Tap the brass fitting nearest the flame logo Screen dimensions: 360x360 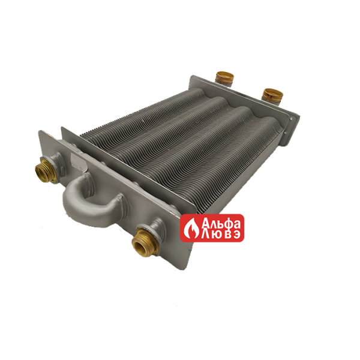145,241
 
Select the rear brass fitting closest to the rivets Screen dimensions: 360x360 273,95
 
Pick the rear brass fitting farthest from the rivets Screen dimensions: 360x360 224,77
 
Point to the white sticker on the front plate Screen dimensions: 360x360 77,162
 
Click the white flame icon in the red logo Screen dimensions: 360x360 193,228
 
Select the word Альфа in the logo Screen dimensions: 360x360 221,222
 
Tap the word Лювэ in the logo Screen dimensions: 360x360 221,234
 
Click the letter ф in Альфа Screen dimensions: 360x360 229,223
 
